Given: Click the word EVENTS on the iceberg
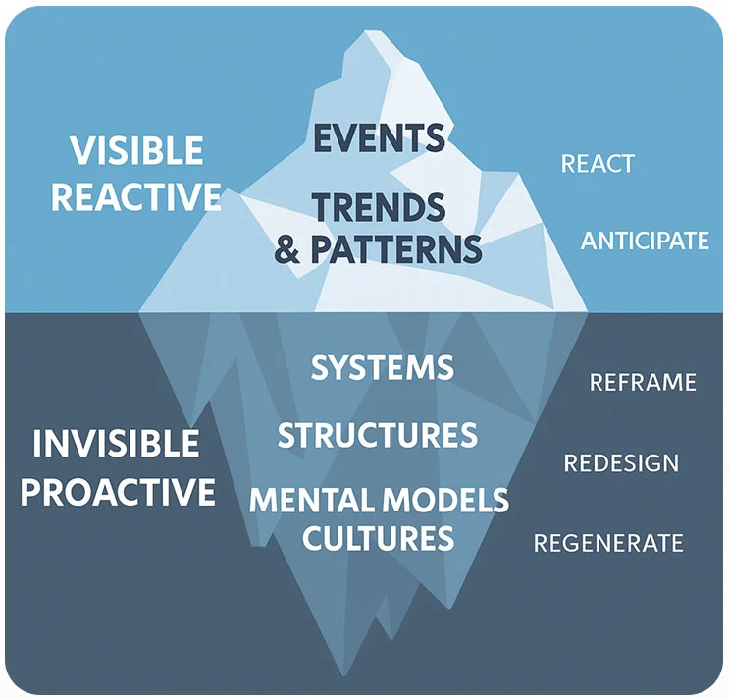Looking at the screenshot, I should [379, 137].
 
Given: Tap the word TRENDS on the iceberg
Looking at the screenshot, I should [379, 207].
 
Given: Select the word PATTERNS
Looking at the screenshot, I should [396, 249].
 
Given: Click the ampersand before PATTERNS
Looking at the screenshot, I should [287, 249].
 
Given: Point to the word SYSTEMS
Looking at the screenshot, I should [383, 368].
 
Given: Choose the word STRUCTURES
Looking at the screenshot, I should [378, 435].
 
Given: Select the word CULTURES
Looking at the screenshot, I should [378, 538].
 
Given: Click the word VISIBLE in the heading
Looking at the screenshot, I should [136, 151].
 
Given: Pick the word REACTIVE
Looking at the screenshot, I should [136, 197].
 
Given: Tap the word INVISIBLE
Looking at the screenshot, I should [116, 444].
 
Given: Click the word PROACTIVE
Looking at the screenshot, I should [118, 491].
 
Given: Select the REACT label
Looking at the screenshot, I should [598, 164].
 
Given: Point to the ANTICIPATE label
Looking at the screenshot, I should [645, 241].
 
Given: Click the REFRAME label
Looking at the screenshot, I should [643, 382].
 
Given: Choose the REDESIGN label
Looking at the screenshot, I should [621, 463].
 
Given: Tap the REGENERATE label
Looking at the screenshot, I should [608, 543].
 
